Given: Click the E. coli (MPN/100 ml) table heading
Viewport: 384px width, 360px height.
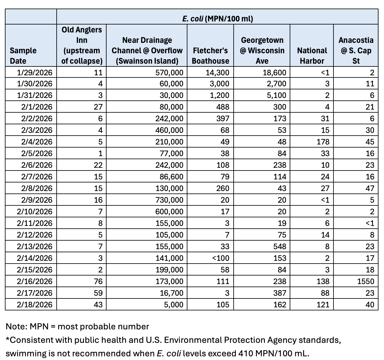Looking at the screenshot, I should coord(217,19).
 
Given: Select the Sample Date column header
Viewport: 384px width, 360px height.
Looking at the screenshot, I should coord(23,55).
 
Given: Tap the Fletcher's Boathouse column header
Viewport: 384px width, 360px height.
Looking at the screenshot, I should coord(210,55).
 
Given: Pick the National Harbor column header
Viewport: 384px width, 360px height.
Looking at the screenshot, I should coord(312,55).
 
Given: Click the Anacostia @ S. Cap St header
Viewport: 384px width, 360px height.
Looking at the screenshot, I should coord(356,51).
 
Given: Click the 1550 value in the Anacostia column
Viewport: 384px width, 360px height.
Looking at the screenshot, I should coord(366,281).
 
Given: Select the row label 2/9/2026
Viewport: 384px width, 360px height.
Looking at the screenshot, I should coord(37,200).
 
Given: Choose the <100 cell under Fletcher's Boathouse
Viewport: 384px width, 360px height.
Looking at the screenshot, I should coord(220,258).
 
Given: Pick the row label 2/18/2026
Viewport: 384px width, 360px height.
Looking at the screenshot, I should coord(35,305).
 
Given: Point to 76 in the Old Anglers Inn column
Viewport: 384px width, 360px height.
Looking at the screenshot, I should coord(98,281).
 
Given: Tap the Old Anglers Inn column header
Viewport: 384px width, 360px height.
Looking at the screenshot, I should coord(81,45).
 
